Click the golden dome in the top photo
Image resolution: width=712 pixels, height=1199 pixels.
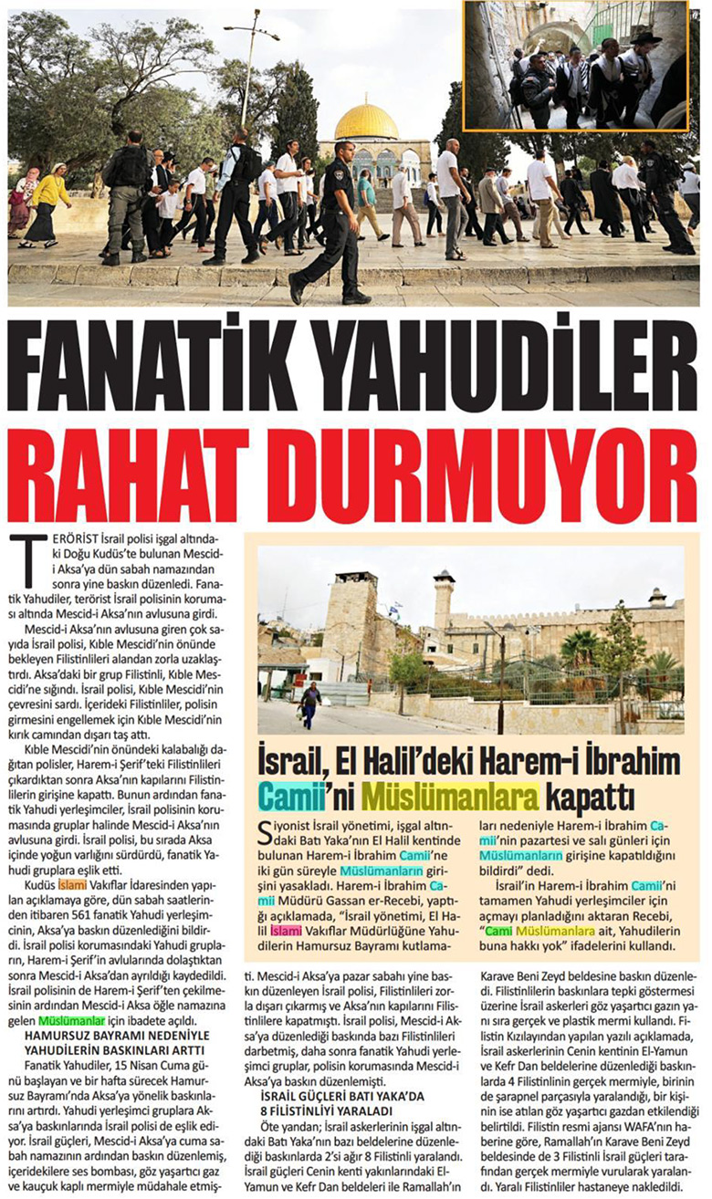click(367, 121)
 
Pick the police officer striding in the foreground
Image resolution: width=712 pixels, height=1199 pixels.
click(330, 224)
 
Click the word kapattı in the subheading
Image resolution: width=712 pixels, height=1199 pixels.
click(588, 795)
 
